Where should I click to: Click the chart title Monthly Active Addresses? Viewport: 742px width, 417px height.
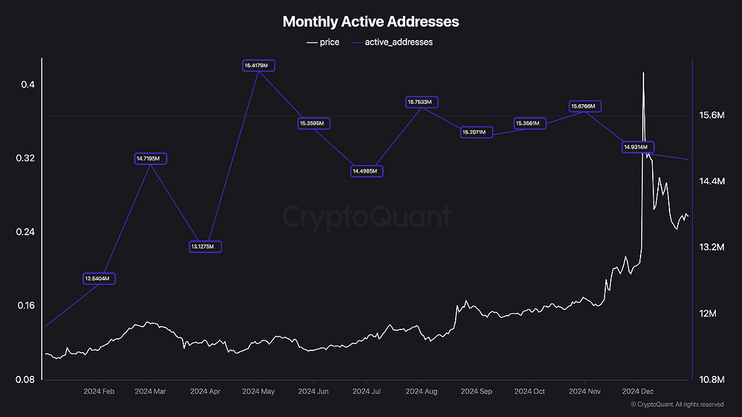(370, 22)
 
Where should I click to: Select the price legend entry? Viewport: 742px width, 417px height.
(323, 42)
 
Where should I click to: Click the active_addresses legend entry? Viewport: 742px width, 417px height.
(392, 42)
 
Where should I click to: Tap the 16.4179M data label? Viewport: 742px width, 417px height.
(259, 66)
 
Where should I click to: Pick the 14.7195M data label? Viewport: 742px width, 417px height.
(151, 159)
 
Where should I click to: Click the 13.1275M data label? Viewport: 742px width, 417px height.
(206, 247)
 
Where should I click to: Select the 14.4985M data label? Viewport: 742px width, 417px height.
(367, 172)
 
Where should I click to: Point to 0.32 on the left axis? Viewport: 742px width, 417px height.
(25, 159)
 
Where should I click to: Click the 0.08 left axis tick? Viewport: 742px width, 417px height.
(25, 379)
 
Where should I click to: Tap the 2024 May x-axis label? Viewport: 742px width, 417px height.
(259, 392)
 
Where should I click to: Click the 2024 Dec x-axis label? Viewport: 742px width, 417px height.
(638, 392)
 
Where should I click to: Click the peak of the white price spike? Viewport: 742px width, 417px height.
(643, 73)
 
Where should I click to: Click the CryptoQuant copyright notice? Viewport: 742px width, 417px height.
(677, 405)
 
